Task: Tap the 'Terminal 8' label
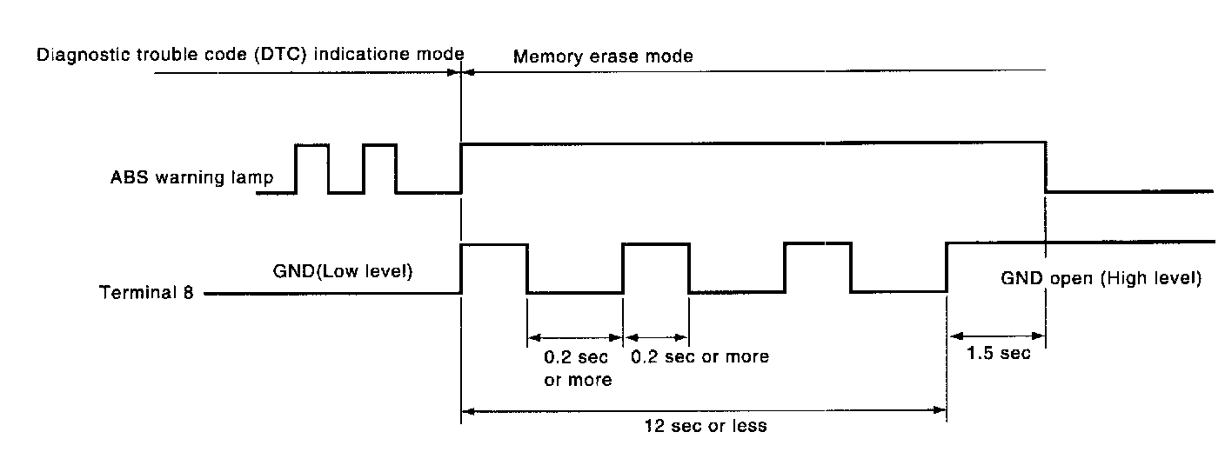coord(147,293)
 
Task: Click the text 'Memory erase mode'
coord(603,57)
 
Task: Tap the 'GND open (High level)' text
coord(1101,279)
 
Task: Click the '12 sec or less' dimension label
coord(705,427)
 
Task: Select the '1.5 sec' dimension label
coord(998,353)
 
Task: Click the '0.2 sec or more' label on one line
coord(699,356)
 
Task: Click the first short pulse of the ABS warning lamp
coord(312,167)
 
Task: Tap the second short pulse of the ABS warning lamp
coord(379,167)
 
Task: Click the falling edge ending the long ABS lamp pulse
coord(1045,166)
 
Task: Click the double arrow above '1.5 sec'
coord(996,335)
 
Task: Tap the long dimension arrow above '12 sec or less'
coord(705,410)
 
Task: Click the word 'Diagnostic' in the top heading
coord(75,55)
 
